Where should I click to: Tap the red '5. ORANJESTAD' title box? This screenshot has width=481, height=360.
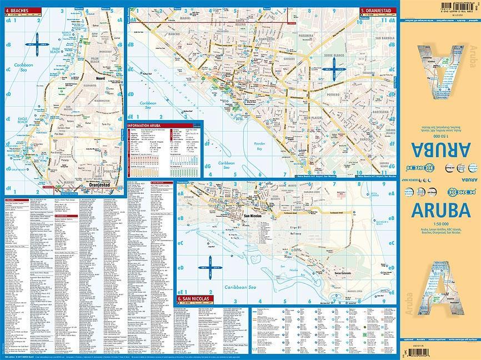point(378,11)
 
